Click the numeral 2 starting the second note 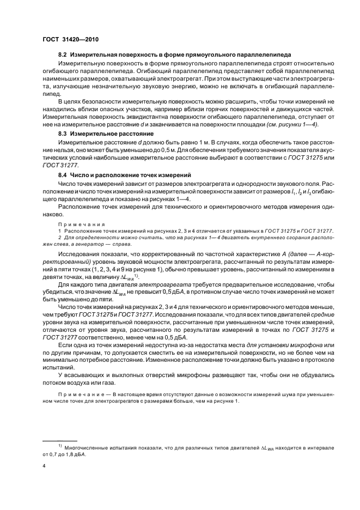tap(59, 238)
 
